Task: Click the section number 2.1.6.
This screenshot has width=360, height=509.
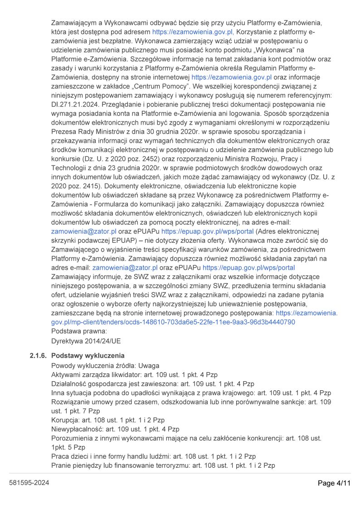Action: click(39, 355)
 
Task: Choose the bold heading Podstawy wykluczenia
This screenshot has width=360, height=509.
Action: click(88, 355)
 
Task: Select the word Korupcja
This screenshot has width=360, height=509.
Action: click(66, 420)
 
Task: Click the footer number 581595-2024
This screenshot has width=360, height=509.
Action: click(29, 483)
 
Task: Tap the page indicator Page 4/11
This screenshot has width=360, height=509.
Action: click(334, 483)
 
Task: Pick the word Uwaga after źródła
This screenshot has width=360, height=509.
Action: click(149, 365)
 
